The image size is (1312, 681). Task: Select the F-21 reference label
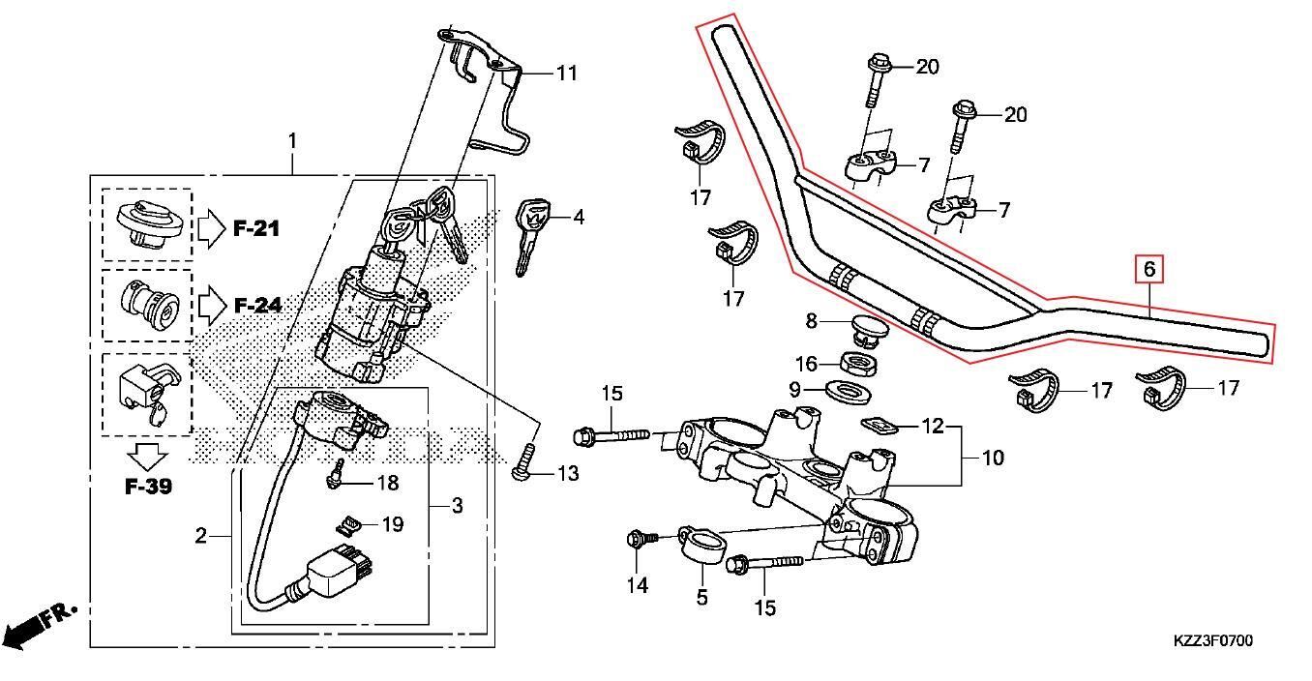[x=255, y=229]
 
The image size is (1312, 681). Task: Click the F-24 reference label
[x=256, y=307]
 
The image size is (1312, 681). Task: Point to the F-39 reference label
[x=148, y=486]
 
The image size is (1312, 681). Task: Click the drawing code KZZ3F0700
[x=1213, y=641]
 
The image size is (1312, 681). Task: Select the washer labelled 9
[x=850, y=391]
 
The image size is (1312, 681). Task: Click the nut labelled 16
[x=856, y=365]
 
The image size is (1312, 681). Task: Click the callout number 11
[x=566, y=73]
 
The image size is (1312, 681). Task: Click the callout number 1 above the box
[x=292, y=141]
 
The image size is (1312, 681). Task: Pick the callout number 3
[x=457, y=505]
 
